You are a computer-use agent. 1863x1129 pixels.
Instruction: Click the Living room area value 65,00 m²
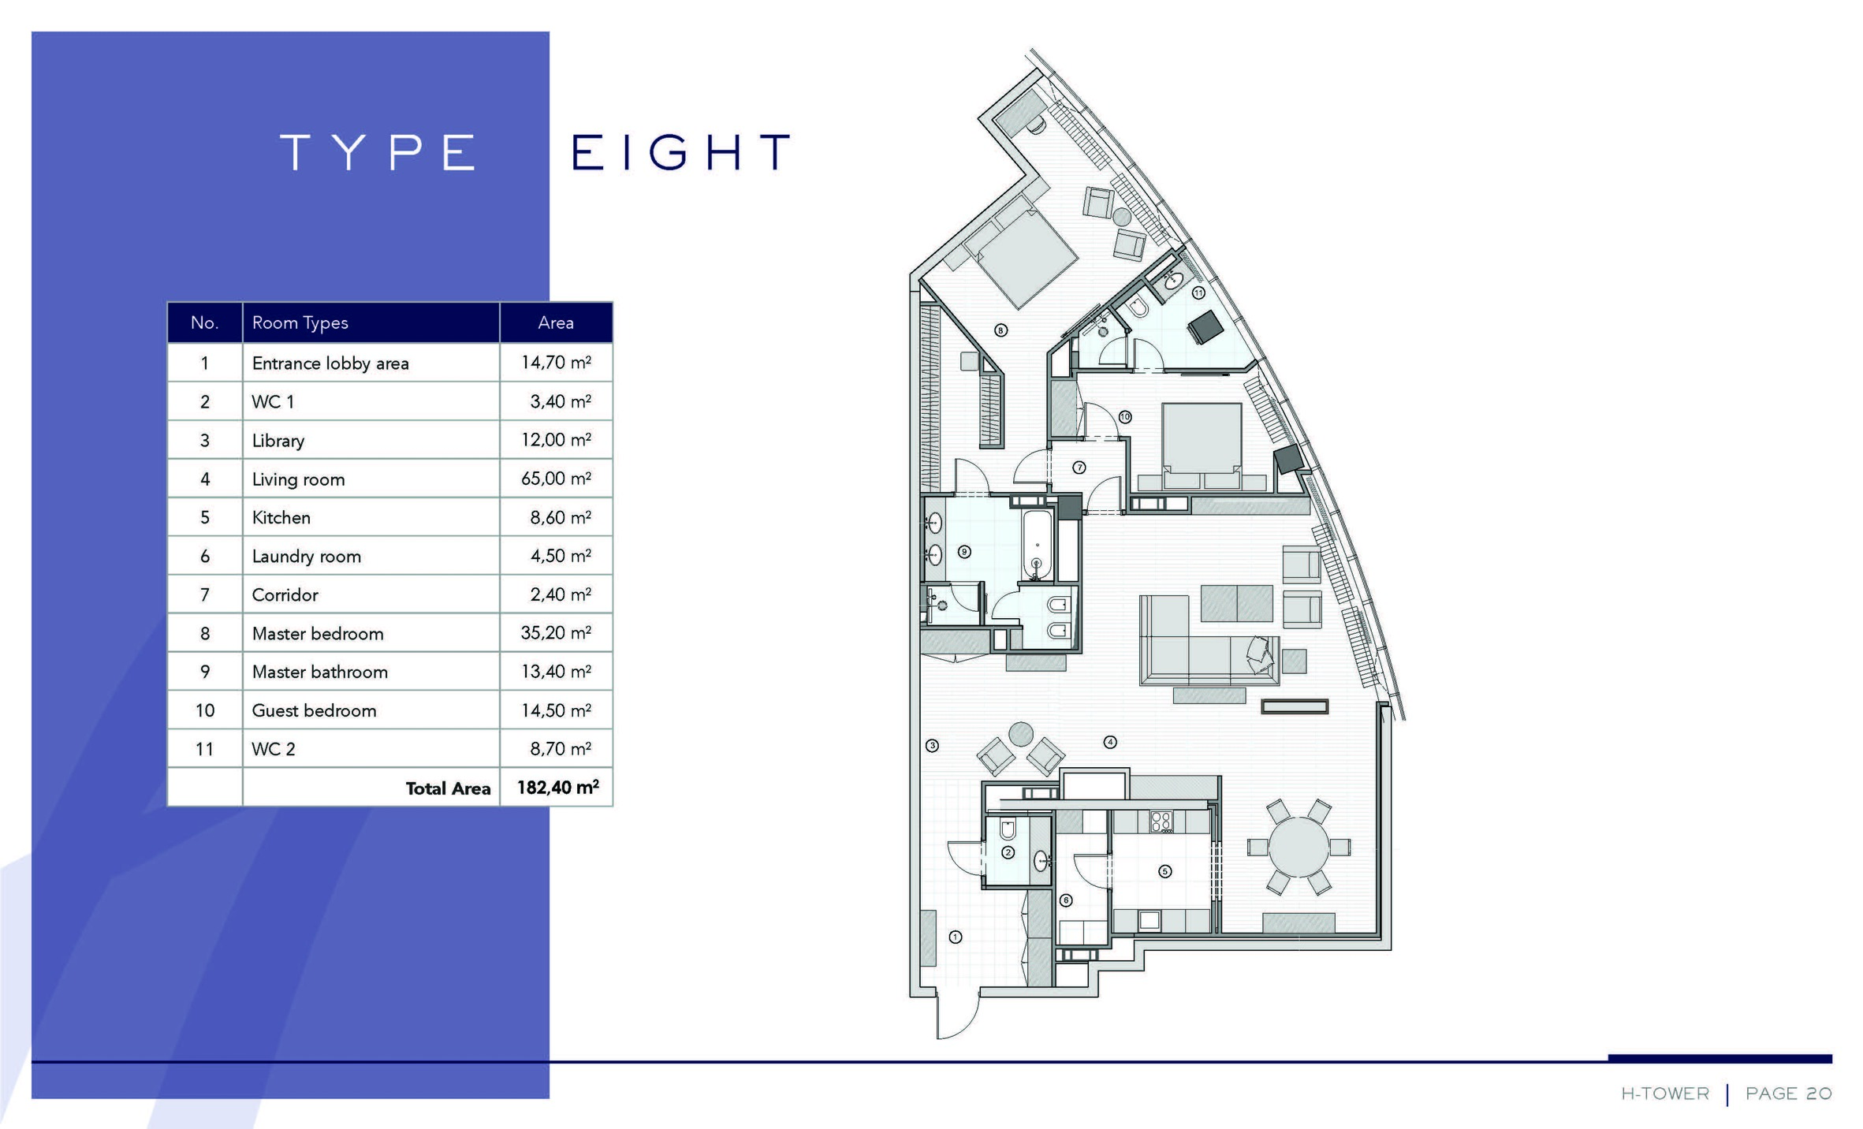point(556,478)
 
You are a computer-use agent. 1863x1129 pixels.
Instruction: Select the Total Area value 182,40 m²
point(557,787)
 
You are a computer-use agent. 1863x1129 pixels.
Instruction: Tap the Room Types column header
point(300,322)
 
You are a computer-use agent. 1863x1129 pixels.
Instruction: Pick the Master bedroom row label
point(318,633)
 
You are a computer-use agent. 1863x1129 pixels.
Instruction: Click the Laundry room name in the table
point(306,556)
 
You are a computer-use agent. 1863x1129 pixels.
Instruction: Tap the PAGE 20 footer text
point(1788,1094)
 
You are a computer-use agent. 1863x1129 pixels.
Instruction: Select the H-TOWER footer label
point(1665,1094)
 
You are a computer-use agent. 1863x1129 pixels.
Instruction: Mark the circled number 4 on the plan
point(1110,742)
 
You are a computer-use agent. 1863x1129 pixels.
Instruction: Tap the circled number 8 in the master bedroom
point(1000,330)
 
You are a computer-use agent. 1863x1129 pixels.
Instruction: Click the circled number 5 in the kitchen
point(1165,871)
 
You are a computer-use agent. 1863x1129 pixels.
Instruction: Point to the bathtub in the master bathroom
point(1037,545)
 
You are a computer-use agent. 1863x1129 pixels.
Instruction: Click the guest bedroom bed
point(1202,444)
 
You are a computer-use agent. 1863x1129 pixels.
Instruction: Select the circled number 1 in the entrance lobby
point(956,937)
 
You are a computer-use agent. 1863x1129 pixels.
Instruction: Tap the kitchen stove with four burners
point(1161,822)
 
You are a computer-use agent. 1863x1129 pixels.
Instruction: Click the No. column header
point(204,322)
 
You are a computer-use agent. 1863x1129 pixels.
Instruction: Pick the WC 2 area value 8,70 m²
point(561,748)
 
